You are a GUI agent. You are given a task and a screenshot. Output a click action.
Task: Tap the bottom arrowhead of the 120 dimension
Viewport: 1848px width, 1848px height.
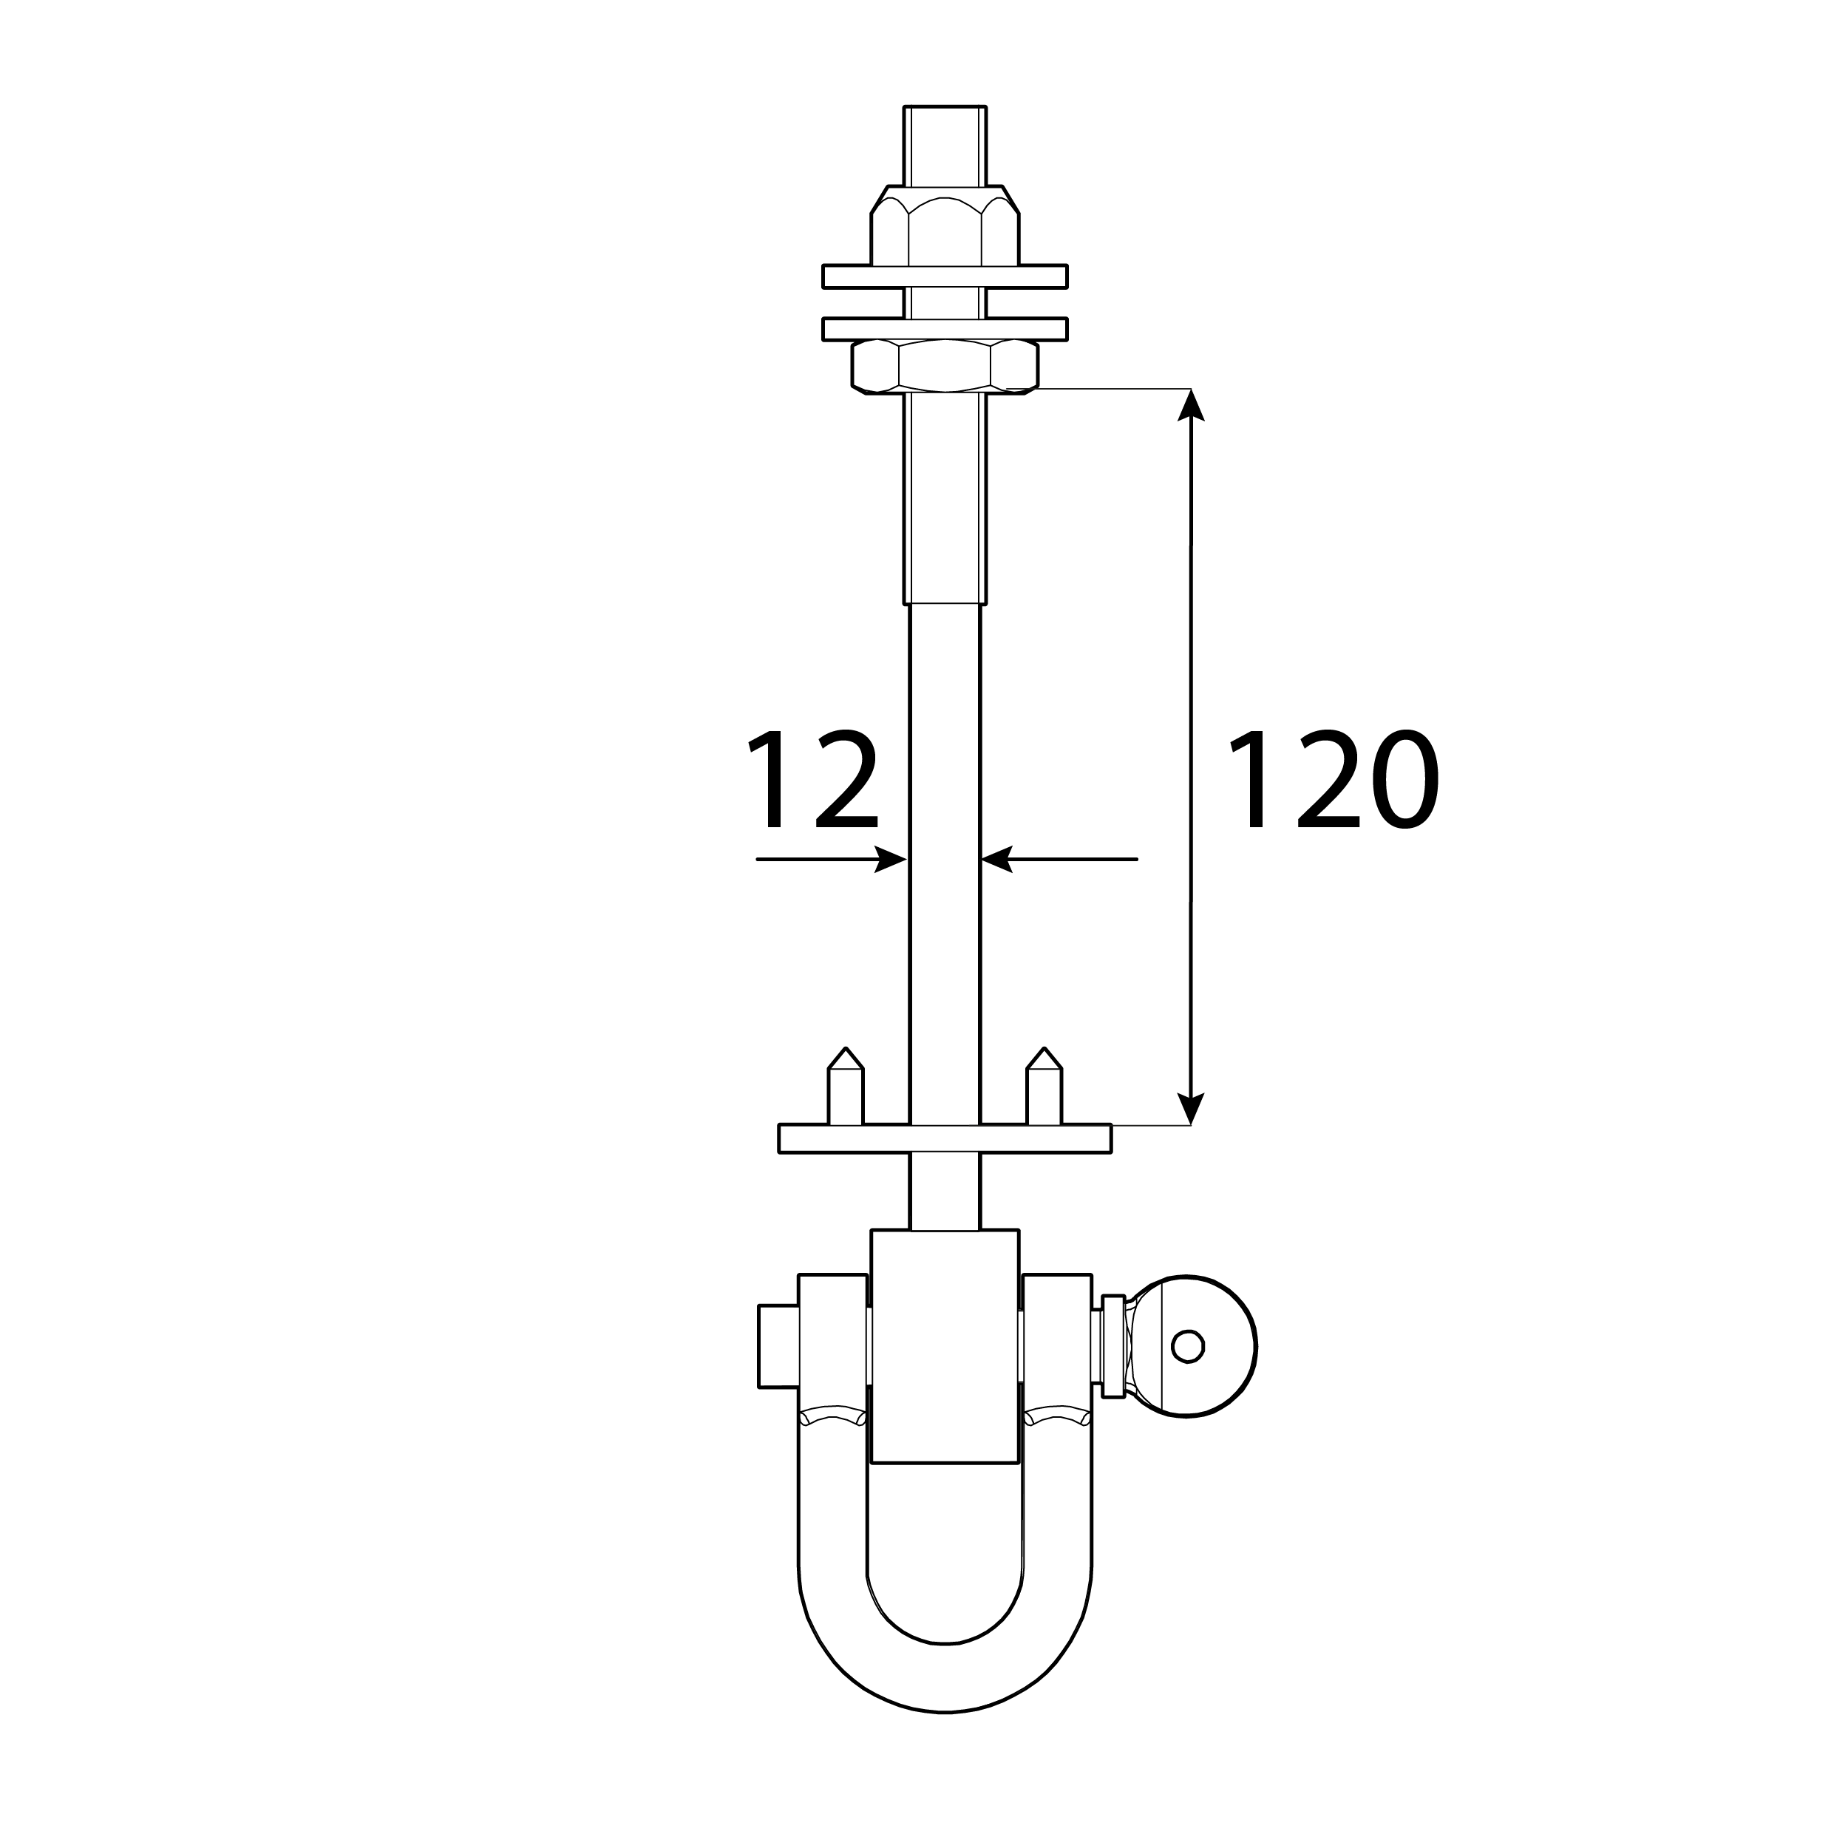(x=1190, y=1110)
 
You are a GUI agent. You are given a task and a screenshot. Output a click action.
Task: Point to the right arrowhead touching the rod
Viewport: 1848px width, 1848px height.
(x=996, y=859)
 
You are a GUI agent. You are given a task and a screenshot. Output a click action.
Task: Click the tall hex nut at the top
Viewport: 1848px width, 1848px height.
(x=944, y=230)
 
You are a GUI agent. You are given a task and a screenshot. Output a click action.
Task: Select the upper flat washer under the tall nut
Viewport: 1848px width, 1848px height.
(x=944, y=276)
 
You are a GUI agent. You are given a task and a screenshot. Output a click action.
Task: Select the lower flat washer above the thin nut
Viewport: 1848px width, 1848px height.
(x=944, y=329)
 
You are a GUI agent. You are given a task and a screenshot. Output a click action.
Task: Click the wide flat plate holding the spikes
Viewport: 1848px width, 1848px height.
(x=944, y=1138)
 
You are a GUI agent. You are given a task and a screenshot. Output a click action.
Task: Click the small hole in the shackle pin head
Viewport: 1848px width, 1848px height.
(x=1187, y=1346)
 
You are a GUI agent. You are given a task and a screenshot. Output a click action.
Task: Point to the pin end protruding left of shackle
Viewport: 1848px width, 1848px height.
(x=778, y=1346)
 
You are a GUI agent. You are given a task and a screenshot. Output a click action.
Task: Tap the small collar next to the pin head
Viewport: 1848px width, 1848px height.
(x=1112, y=1346)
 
